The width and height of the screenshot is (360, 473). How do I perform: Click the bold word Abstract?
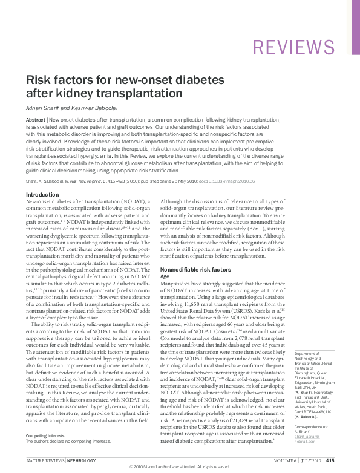coord(34,121)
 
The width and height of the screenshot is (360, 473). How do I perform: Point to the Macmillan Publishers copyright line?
coord(180,468)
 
